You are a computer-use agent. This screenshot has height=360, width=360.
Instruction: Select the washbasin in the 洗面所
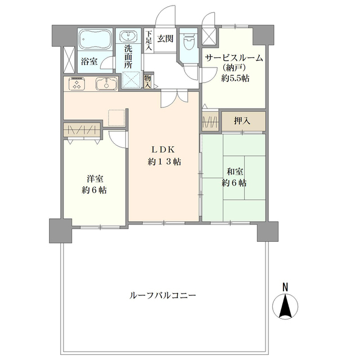pos(128,36)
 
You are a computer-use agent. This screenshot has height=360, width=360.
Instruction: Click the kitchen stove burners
pos(76,84)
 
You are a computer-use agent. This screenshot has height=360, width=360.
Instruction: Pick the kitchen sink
pos(106,83)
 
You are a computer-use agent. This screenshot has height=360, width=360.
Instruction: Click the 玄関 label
pos(165,39)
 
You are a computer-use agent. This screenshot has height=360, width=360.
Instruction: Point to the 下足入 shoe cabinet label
pos(149,40)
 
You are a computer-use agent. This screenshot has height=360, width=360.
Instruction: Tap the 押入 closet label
pos(242,121)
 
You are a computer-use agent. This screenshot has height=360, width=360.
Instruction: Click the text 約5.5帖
pos(235,78)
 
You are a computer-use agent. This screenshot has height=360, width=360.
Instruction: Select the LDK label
pos(164,150)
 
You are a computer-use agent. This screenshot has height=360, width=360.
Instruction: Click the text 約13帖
pos(164,162)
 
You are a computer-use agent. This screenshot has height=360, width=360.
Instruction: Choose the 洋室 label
pos(94,179)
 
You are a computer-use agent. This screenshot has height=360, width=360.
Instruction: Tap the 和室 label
pos(235,172)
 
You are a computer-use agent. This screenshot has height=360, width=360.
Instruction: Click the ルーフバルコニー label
pos(163,295)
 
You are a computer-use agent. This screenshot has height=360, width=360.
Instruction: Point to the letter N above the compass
pos(285,287)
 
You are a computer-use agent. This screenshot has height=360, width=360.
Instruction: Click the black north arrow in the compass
pos(285,305)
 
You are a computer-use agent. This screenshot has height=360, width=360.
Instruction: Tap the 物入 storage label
pos(147,82)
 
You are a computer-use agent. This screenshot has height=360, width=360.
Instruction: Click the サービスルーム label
pos(234,58)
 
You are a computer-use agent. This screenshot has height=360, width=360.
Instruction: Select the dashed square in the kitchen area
pos(116,118)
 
